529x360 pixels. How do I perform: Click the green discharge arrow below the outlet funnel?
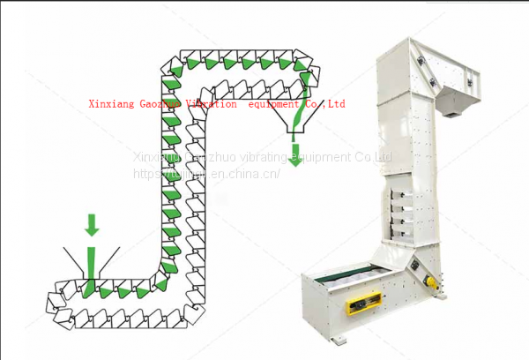[296, 151]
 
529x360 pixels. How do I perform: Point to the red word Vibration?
[209, 104]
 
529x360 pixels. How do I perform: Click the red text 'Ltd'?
[336, 104]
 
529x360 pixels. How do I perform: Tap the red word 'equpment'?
[275, 104]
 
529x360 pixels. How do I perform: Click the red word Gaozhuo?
[162, 104]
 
